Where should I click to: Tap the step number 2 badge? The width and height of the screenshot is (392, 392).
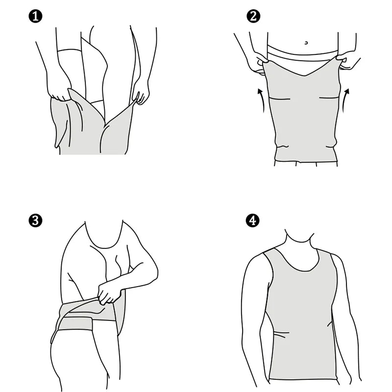[x=253, y=16]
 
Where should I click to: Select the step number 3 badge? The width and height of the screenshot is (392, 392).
[x=35, y=220]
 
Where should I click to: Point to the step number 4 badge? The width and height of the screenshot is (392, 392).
[x=253, y=220]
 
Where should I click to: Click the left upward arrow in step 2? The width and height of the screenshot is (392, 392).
[x=261, y=100]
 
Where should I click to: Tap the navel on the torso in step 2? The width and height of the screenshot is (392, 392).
[x=306, y=43]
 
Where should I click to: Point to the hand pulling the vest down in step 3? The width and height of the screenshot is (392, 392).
[x=109, y=293]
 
